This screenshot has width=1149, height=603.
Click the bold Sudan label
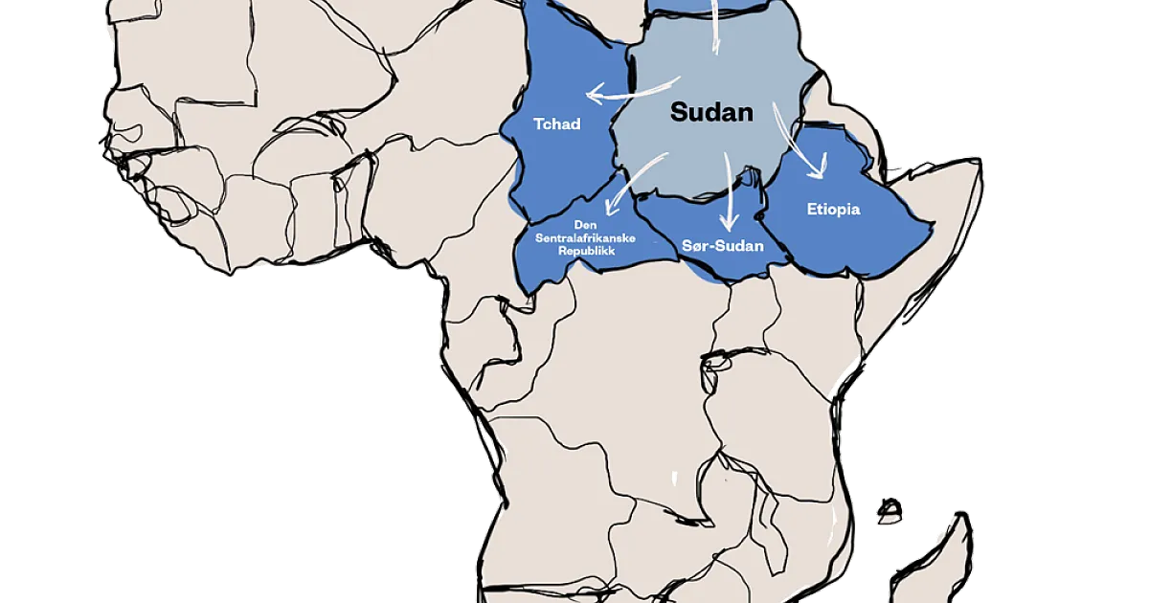pos(711,112)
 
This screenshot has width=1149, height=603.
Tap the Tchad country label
pos(557,124)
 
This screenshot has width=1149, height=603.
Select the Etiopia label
pos(833,209)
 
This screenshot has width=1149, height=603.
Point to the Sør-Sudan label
pos(723,246)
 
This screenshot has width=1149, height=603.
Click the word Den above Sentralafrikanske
pos(584,225)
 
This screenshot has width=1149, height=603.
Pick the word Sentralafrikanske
pos(584,237)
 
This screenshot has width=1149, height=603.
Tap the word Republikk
pos(584,250)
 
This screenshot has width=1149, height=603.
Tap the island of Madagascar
pos(934,565)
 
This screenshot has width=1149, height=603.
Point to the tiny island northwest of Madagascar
pos(890,510)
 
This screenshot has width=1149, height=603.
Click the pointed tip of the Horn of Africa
pos(979,165)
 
